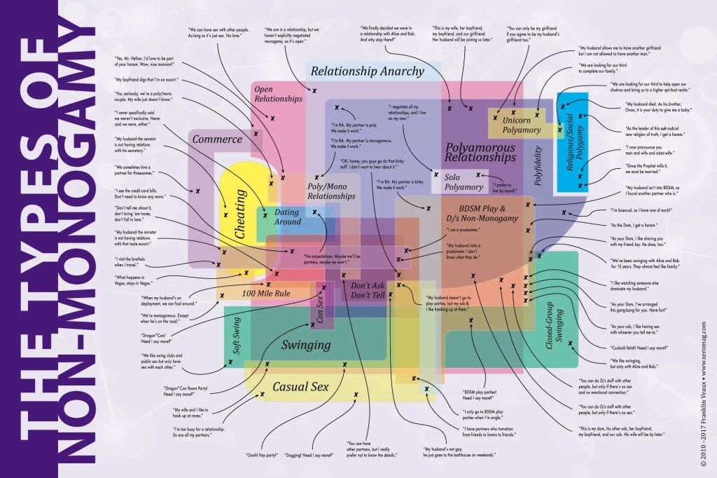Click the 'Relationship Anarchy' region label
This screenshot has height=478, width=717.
[x=368, y=71]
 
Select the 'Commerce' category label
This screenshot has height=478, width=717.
[x=216, y=139]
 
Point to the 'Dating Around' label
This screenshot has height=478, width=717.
[x=286, y=217]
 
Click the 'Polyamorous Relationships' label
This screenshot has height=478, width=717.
[x=480, y=153]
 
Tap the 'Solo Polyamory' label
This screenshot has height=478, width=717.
[x=464, y=182]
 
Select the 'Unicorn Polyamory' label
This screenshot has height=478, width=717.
[x=521, y=125]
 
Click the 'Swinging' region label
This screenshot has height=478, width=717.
[x=306, y=345]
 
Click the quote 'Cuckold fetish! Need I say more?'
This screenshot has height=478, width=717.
[x=640, y=347]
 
